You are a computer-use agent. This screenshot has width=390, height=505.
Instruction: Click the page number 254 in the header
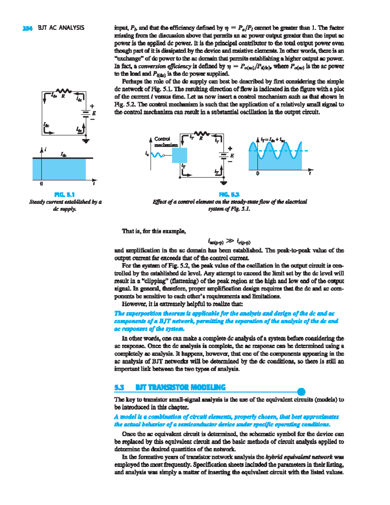coord(27,28)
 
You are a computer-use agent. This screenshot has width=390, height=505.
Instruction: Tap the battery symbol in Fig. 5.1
coord(86,113)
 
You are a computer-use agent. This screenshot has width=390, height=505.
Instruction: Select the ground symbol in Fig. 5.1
coord(86,141)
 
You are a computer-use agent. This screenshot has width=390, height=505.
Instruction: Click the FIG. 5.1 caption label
coord(65,195)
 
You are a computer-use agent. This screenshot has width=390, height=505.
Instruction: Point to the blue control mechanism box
coord(179,155)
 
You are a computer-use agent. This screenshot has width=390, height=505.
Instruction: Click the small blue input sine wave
coord(157,155)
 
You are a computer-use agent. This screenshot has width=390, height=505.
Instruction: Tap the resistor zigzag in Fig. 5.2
coord(201,133)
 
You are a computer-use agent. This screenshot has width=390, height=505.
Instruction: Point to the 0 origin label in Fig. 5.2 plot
coord(258,174)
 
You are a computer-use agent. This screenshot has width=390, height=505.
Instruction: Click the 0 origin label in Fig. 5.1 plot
coord(41,184)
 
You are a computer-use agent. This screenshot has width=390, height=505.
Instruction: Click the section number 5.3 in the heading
coord(119,388)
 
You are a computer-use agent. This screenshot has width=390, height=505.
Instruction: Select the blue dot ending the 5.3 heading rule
coord(301,392)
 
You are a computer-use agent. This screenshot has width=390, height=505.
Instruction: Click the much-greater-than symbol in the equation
coord(230,241)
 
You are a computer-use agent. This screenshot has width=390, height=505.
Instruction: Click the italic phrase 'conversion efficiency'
coord(165,66)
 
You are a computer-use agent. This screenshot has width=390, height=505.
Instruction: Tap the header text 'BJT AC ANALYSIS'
coord(61,28)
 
